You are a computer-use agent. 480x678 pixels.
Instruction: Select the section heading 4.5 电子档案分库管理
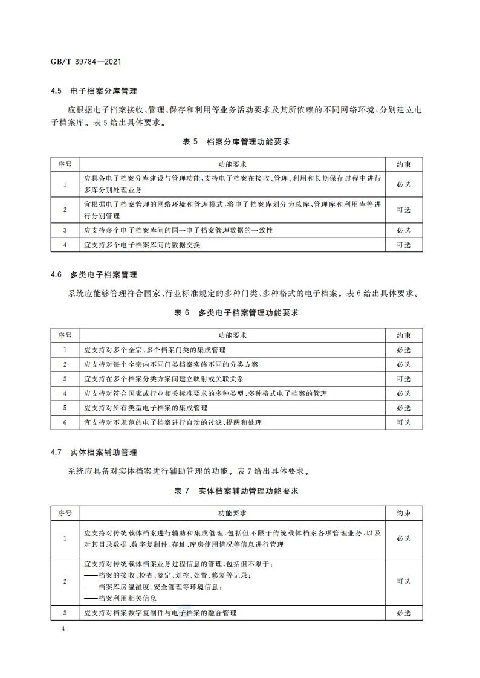[94, 91]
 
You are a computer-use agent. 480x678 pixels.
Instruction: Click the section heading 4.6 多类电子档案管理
[94, 274]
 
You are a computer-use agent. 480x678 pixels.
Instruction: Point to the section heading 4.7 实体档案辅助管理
[94, 452]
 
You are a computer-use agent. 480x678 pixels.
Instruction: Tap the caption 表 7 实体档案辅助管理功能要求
[236, 491]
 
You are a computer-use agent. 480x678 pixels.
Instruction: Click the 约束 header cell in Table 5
[404, 164]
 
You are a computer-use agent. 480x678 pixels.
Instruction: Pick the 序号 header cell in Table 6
[65, 335]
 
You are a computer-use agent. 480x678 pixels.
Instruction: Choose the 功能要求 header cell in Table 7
[232, 513]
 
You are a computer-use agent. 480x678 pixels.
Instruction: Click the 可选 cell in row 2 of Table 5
[404, 210]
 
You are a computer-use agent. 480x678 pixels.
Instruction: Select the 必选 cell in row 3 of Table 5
[404, 230]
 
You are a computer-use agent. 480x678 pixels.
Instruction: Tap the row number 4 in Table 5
[65, 245]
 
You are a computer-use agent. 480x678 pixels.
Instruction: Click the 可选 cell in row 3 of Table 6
[404, 379]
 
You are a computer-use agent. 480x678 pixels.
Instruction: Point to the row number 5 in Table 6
[65, 408]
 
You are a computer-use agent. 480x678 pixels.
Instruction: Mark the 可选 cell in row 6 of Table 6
[404, 422]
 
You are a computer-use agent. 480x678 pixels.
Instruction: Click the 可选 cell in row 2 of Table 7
[404, 581]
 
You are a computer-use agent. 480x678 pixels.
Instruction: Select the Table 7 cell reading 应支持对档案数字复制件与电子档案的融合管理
[160, 613]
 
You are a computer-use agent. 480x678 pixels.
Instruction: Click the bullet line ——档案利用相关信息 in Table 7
[120, 598]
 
